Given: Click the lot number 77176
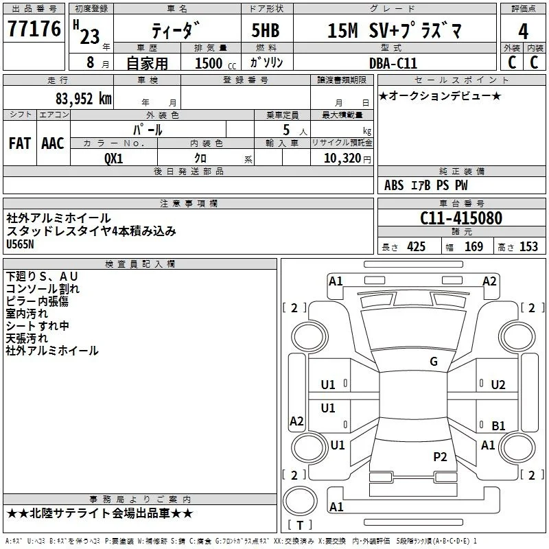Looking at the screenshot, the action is pyautogui.click(x=34, y=28).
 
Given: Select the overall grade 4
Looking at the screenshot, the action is pyautogui.click(x=523, y=32).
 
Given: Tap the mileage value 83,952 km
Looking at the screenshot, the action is pyautogui.click(x=84, y=99).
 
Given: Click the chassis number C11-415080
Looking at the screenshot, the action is pyautogui.click(x=461, y=218).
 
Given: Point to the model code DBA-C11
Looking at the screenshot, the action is pyautogui.click(x=393, y=63).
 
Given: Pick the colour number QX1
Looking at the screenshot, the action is pyautogui.click(x=114, y=159).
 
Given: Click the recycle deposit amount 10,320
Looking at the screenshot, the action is pyautogui.click(x=342, y=159).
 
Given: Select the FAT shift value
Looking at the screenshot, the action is pyautogui.click(x=20, y=143).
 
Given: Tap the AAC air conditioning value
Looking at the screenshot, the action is pyautogui.click(x=53, y=143).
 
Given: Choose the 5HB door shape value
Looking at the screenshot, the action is pyautogui.click(x=266, y=30).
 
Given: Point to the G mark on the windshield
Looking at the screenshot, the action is pyautogui.click(x=434, y=362).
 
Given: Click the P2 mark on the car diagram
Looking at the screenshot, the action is pyautogui.click(x=440, y=456).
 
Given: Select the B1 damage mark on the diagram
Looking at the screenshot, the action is pyautogui.click(x=498, y=425).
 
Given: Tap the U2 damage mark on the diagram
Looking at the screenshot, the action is pyautogui.click(x=498, y=385).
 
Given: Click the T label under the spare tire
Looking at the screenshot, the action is pyautogui.click(x=300, y=525).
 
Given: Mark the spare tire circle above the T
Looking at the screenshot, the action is pyautogui.click(x=300, y=501).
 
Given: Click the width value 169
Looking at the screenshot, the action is pyautogui.click(x=474, y=247).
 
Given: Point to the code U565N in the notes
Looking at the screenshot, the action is pyautogui.click(x=21, y=244).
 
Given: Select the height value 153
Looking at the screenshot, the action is pyautogui.click(x=528, y=247).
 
